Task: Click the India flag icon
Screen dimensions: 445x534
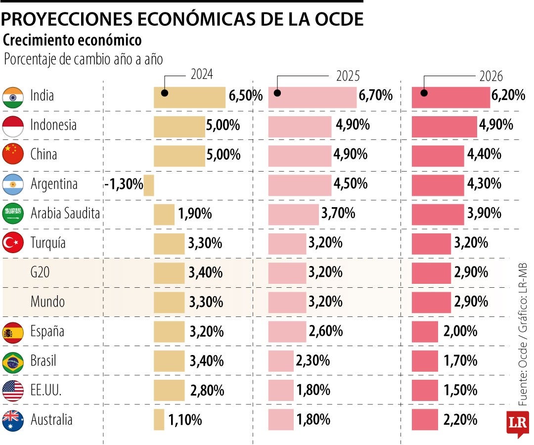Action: (13, 97)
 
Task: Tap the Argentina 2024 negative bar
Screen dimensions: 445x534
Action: (149, 185)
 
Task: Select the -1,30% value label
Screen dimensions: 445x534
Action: (124, 185)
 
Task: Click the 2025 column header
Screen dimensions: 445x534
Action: (348, 76)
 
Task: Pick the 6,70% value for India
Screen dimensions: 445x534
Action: (376, 96)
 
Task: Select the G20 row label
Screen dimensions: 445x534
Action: (40, 272)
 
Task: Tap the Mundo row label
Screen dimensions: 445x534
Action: (47, 302)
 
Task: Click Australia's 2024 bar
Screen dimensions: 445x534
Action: (159, 420)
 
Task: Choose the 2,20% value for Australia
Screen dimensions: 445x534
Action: (460, 420)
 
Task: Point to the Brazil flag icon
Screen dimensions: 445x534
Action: (13, 362)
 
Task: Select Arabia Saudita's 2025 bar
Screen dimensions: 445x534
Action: (294, 214)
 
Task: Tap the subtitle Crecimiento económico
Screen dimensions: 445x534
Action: (72, 40)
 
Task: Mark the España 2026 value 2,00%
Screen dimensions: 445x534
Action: (460, 331)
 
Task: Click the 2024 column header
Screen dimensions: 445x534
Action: (202, 74)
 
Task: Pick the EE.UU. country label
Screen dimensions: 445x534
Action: (46, 391)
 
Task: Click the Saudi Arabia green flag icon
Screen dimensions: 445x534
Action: (13, 214)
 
